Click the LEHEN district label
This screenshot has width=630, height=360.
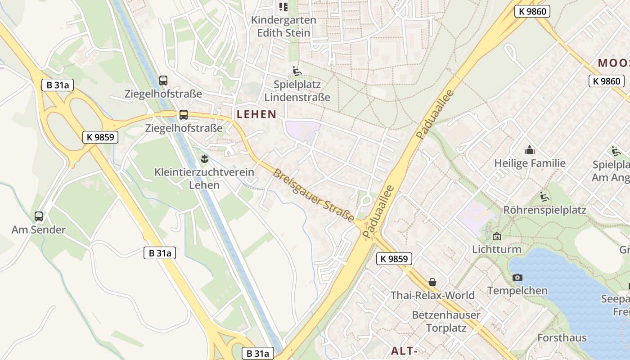256,114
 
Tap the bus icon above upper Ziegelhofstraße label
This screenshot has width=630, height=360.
163,81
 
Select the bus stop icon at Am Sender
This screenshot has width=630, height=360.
39,216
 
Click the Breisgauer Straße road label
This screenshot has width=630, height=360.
313,195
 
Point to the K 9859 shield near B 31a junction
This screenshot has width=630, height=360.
100,137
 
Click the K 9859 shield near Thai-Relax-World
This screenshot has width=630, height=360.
394,259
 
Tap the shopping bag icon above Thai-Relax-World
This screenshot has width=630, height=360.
432,282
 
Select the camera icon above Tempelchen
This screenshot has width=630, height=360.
517,277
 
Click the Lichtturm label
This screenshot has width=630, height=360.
496,249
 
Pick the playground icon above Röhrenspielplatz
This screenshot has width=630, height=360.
544,196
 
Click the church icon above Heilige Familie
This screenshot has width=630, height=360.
530,150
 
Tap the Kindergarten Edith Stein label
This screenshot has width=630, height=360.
283,26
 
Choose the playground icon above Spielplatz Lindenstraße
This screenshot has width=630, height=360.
297,71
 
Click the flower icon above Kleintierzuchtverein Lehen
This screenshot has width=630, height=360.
204,158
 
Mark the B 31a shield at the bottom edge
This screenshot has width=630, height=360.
258,353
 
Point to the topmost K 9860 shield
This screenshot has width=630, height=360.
532,12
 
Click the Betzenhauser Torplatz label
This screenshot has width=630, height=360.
446,321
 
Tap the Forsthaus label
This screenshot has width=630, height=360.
562,337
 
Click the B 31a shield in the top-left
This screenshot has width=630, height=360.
57,85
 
